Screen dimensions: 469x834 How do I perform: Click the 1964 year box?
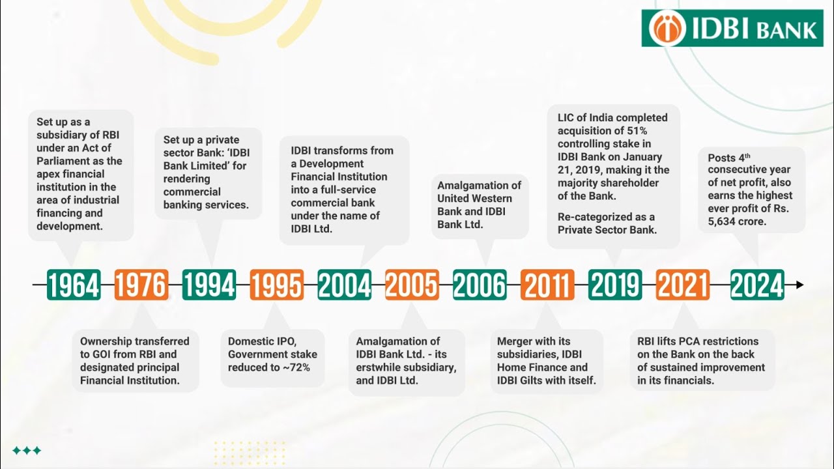click(74, 285)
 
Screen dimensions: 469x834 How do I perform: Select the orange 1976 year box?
click(141, 285)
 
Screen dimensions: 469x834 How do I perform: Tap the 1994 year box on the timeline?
click(209, 285)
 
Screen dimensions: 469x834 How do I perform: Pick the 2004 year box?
click(345, 285)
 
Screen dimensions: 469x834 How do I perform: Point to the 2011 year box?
click(547, 285)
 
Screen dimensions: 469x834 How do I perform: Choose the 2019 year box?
click(615, 285)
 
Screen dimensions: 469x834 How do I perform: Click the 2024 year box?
click(757, 285)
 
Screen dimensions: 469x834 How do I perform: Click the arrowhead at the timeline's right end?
click(800, 285)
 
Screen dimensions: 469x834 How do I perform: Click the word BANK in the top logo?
click(788, 30)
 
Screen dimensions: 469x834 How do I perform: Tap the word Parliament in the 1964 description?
click(63, 161)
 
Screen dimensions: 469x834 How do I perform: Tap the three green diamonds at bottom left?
click(27, 450)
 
